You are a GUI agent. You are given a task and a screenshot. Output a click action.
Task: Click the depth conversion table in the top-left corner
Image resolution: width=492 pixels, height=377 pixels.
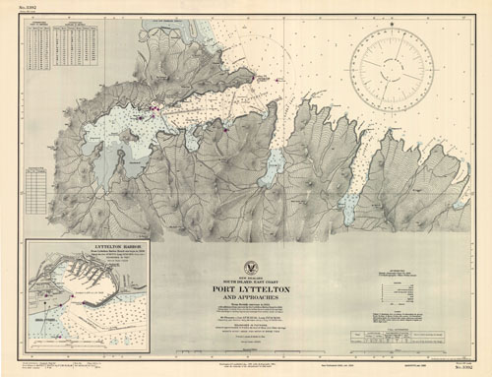(x=63, y=47)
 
